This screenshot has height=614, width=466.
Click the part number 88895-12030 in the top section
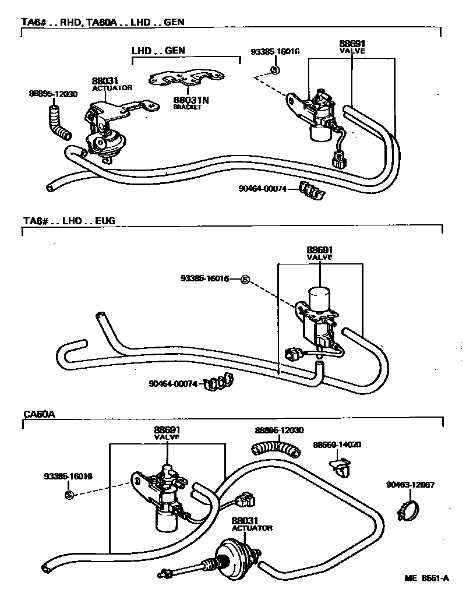pos(52,93)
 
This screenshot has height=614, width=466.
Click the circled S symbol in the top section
pos(276,70)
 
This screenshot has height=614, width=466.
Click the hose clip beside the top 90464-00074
pos(312,190)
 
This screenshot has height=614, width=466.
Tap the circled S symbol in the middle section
pos(245,279)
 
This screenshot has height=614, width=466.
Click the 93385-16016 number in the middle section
pos(205,279)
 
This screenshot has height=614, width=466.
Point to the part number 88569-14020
pos(337,444)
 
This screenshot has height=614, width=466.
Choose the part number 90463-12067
pos(410,484)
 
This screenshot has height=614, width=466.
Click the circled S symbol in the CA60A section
pos(69,495)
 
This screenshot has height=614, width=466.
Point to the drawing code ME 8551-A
pos(427,578)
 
